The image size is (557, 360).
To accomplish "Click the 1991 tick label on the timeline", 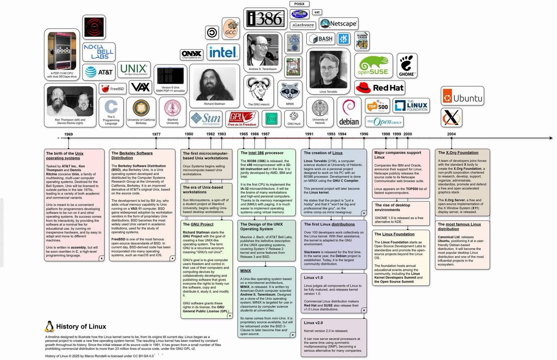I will pos(309,134).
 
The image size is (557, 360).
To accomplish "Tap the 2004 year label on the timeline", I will pos(451,134).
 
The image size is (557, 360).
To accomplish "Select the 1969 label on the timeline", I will pos(69,134).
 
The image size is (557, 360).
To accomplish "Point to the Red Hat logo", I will pos(380,87).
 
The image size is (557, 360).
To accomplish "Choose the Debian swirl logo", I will pos(349,112).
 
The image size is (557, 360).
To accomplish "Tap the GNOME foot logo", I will pos(408,65).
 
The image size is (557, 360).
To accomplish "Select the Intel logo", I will pos(223,52).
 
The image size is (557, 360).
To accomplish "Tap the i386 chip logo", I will pos(265,19).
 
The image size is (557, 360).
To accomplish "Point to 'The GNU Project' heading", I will pos(198,224).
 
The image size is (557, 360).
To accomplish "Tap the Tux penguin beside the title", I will pos(49,326).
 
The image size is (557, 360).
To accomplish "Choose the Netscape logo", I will pos(338,23).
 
